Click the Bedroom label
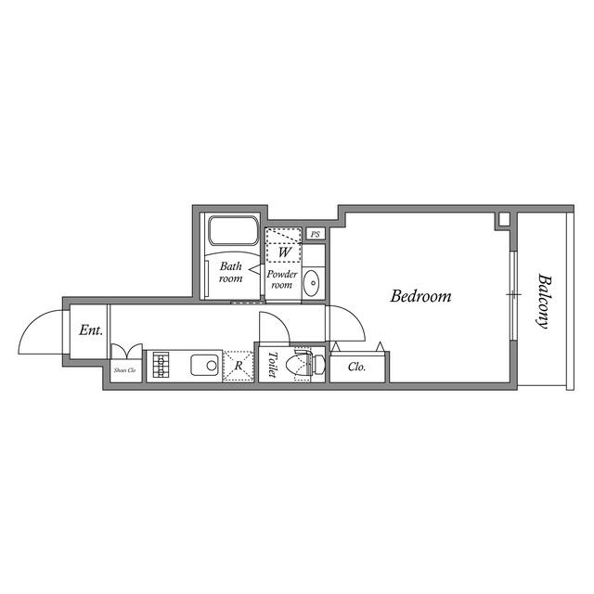(420, 297)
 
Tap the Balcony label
(543, 301)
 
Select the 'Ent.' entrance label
(90, 329)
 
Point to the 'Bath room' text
(230, 272)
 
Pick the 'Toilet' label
(272, 364)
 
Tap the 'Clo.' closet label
(356, 367)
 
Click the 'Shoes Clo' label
(124, 370)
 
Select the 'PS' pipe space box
(316, 235)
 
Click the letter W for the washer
(285, 251)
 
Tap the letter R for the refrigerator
(239, 366)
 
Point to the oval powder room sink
(313, 281)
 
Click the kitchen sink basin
(205, 365)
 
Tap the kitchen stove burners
(161, 365)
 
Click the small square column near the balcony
(504, 219)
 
